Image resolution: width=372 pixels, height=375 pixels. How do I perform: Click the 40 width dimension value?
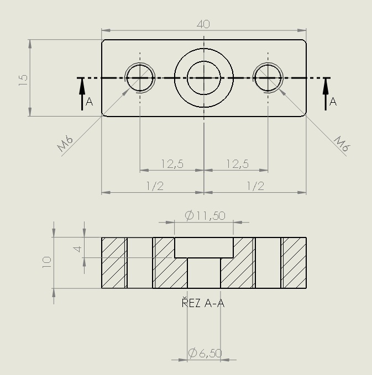(x=203, y=24)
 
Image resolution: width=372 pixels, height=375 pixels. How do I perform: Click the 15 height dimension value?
(x=23, y=80)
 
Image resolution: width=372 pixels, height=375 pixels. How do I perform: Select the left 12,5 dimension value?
(x=172, y=164)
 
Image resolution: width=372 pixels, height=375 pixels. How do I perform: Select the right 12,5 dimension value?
(x=238, y=164)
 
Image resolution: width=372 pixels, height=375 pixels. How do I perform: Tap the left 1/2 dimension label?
(x=155, y=186)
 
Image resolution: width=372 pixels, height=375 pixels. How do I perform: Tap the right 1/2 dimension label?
(x=255, y=186)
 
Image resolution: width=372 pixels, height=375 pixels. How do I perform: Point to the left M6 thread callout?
(x=65, y=144)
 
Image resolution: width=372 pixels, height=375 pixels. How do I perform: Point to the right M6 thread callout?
(x=342, y=144)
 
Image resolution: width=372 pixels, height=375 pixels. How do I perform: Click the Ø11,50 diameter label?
(x=205, y=215)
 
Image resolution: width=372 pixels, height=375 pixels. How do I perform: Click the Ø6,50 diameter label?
(x=205, y=353)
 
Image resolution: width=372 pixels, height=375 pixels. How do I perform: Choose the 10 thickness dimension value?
(x=46, y=262)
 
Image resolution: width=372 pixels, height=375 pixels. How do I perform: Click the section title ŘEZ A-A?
(x=203, y=303)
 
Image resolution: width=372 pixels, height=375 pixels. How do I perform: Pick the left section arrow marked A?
(x=82, y=94)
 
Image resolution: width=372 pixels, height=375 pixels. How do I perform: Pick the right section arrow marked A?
(x=326, y=94)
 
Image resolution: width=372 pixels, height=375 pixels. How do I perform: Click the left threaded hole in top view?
(x=140, y=78)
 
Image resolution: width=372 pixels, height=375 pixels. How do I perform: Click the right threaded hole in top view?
(x=268, y=78)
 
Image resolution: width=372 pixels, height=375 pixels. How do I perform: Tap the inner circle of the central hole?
(x=204, y=78)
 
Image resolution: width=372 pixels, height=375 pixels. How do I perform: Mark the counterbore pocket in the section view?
(x=204, y=247)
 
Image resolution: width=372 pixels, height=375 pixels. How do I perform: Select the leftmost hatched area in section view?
(x=113, y=262)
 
